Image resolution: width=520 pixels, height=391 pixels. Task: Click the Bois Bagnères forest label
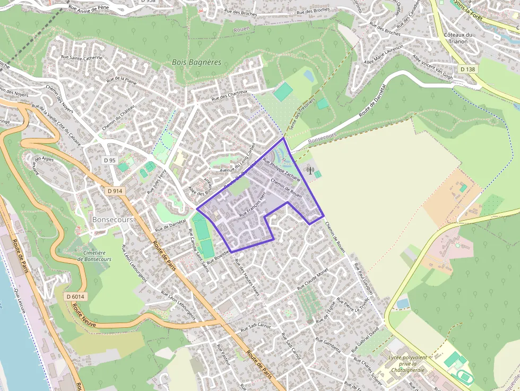pyautogui.click(x=196, y=62)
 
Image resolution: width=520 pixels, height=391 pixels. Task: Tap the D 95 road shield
pyautogui.click(x=110, y=160)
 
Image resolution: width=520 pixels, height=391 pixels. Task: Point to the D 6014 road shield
pyautogui.click(x=76, y=296)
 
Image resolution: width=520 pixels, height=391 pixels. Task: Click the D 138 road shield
pyautogui.click(x=467, y=69)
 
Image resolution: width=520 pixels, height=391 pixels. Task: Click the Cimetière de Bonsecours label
pyautogui.click(x=94, y=256)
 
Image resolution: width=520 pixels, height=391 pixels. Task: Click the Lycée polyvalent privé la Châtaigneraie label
pyautogui.click(x=407, y=364)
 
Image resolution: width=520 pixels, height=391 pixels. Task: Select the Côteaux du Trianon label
pyautogui.click(x=458, y=38)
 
